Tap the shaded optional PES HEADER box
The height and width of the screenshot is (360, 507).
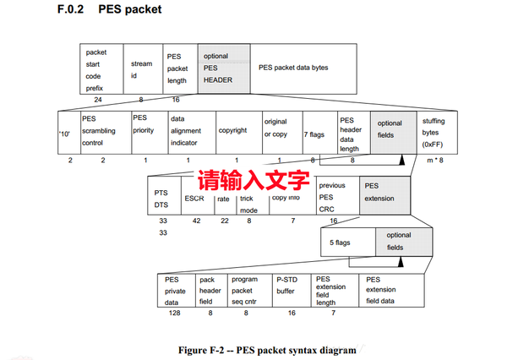coord(223,68)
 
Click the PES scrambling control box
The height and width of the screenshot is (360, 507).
coord(104,131)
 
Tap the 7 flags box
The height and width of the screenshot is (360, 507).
coord(318,131)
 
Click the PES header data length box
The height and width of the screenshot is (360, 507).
coord(352,131)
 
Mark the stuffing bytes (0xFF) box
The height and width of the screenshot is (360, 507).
coord(440,131)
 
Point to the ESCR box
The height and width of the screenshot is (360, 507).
coord(194,198)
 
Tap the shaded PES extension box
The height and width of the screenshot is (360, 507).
coord(383,197)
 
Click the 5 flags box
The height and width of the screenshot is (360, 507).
coord(344,242)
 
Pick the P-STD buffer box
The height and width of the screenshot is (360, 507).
coord(291,291)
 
